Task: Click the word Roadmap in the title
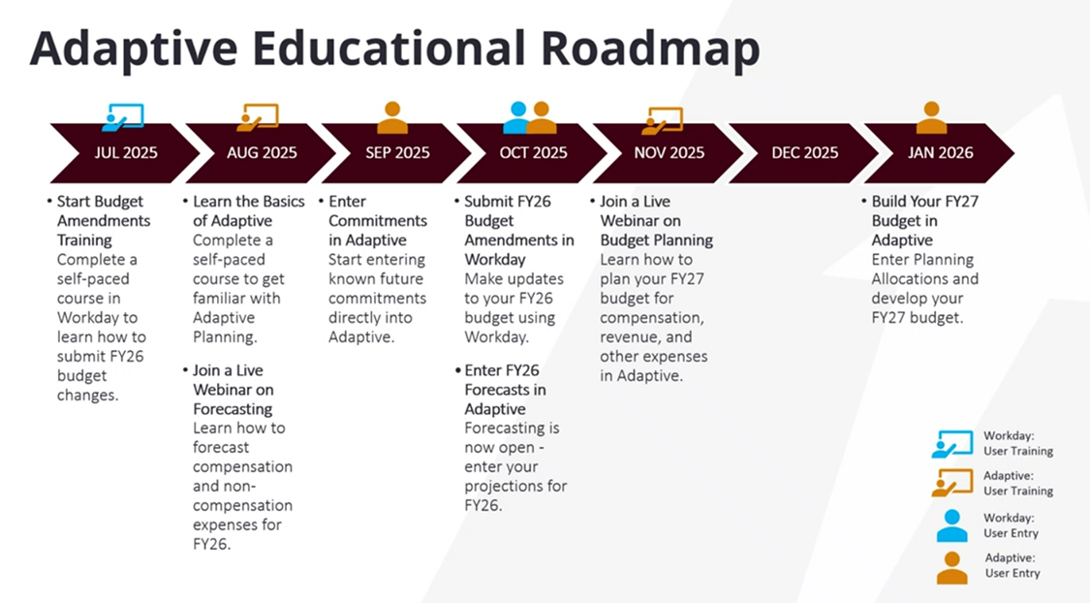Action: pos(650,49)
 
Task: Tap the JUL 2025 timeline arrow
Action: pos(125,153)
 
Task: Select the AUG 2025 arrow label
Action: pos(262,153)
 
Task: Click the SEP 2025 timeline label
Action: pos(397,153)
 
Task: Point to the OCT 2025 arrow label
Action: pos(533,153)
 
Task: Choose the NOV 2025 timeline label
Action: pos(669,153)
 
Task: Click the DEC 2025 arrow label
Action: pos(805,153)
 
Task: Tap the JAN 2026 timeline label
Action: pos(941,153)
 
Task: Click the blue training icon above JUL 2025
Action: pos(123,117)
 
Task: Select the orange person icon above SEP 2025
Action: pos(392,117)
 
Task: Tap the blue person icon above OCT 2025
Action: pos(517,117)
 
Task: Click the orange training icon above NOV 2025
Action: pos(663,120)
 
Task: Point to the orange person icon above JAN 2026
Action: pos(931,117)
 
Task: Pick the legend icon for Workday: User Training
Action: pos(952,444)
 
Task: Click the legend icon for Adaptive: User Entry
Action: pos(951,567)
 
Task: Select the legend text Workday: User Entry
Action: pos(1011,525)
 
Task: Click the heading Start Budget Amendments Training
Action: pos(104,220)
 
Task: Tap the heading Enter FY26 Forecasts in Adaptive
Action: pos(505,390)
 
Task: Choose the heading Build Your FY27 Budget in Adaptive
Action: pos(924,220)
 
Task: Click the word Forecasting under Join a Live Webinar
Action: pos(233,409)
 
